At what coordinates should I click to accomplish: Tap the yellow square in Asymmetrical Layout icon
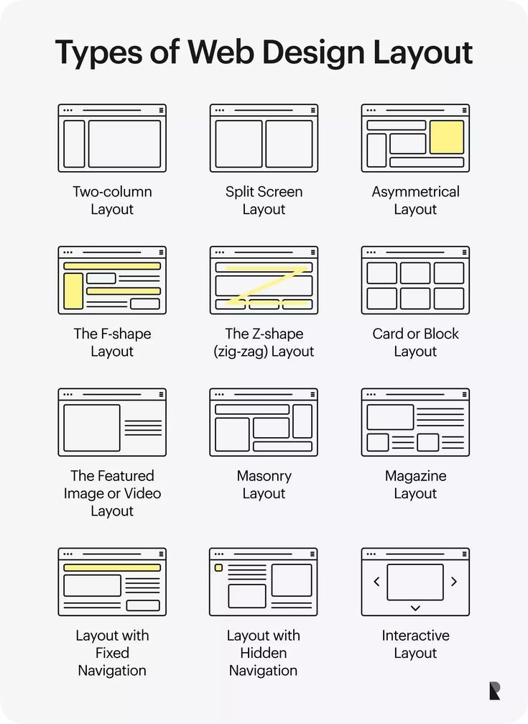coord(446,137)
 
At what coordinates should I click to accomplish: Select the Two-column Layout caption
coord(112,201)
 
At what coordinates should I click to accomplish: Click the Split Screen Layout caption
coord(264,201)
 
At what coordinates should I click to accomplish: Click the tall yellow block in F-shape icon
coord(73,291)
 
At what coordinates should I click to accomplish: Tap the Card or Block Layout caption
coord(415,342)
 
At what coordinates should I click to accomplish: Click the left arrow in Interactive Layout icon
coord(376,582)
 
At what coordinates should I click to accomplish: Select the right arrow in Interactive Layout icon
coord(454,582)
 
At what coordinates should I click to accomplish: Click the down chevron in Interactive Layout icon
coord(415,608)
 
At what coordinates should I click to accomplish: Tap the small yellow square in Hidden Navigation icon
coord(218,568)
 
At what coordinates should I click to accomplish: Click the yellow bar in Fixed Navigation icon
coord(112,567)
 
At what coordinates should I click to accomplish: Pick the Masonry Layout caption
coord(264,485)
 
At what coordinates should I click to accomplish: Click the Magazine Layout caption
coord(415,485)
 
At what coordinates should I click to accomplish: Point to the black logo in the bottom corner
coord(494,691)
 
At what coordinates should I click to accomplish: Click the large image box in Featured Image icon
coord(91,428)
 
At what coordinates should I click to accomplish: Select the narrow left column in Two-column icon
coord(74,144)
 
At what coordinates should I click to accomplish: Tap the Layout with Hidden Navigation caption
coord(264,653)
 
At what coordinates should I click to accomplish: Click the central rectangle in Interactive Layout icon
coord(415,582)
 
